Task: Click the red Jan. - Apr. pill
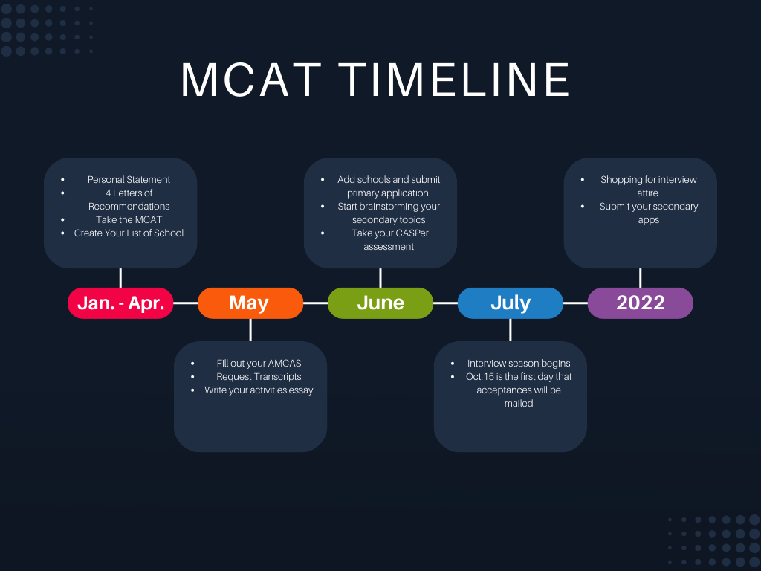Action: pos(120,303)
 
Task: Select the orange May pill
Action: pos(250,303)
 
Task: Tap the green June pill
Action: pos(380,303)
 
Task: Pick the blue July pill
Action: pos(510,303)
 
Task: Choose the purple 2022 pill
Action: pos(640,303)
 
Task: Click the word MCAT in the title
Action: pos(251,80)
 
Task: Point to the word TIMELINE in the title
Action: pos(455,80)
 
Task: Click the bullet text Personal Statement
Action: pos(129,179)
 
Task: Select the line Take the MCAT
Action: pos(129,219)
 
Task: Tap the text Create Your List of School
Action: pos(129,233)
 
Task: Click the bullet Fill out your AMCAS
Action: pos(259,363)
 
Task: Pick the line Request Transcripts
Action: pos(259,376)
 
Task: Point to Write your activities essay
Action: pos(259,390)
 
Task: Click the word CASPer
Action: pos(412,233)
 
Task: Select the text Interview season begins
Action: pos(519,363)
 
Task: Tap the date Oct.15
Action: pos(480,376)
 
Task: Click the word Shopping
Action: pos(623,179)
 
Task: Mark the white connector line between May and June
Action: pos(315,303)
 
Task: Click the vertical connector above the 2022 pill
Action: pos(640,278)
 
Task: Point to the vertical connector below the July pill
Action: pos(510,330)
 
